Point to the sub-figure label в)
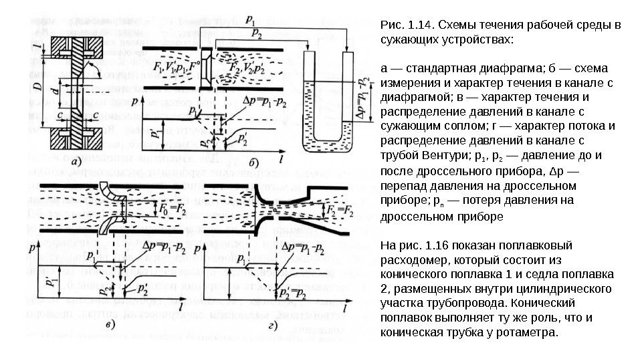[x=112, y=326]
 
